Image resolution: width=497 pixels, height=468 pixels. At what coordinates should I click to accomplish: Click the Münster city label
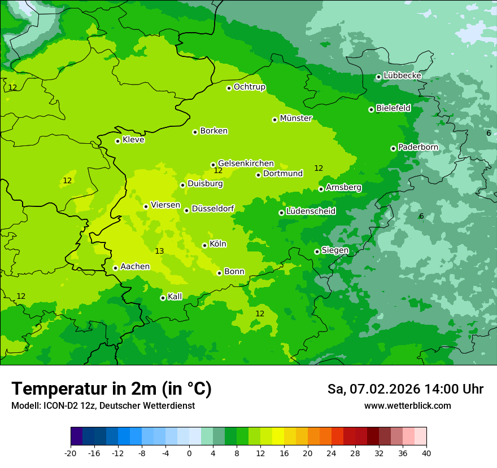(296, 118)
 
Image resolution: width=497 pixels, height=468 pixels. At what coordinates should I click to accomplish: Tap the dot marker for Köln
(204, 245)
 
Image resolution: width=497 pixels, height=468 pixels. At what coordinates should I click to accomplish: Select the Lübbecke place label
(402, 76)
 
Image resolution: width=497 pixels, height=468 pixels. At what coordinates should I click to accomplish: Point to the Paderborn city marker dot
(393, 148)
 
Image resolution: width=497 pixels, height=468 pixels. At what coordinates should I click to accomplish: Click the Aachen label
(135, 267)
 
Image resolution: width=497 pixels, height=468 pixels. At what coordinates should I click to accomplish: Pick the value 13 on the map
(159, 251)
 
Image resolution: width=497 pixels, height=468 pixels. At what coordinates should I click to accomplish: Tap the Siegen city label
(335, 250)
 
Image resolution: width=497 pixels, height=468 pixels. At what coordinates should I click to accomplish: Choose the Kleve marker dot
(117, 141)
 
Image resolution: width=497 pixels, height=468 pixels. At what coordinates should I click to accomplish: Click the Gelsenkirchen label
(246, 164)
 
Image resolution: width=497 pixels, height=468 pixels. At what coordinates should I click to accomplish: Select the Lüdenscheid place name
(311, 211)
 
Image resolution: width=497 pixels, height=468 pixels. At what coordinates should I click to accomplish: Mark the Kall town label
(175, 297)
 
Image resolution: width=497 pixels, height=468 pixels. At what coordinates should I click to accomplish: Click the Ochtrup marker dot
(229, 88)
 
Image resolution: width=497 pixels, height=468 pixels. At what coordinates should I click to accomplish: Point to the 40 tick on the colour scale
(426, 453)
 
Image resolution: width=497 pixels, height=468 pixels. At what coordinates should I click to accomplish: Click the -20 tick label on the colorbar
(71, 453)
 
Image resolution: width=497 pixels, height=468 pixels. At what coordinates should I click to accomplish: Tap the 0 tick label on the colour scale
(189, 453)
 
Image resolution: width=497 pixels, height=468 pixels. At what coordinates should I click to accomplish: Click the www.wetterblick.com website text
(407, 406)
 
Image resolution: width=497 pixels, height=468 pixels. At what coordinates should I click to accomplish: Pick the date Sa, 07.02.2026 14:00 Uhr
(405, 389)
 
